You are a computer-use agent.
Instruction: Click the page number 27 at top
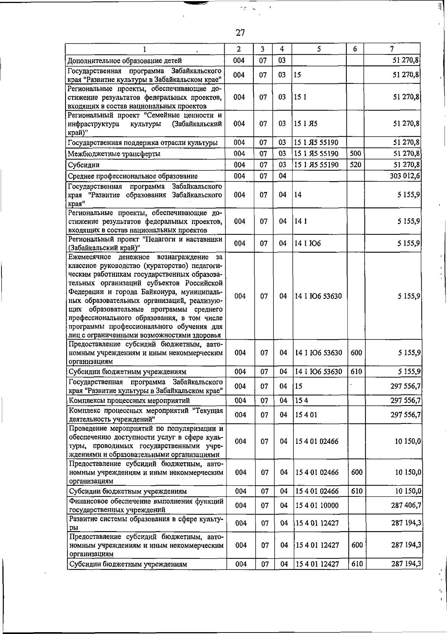(240, 33)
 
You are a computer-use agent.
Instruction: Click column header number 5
(319, 49)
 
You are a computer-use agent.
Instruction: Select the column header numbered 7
(391, 49)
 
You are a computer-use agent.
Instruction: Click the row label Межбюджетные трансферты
(114, 154)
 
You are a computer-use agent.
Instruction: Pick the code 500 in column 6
(356, 153)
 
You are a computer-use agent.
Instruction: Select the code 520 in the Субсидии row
(356, 164)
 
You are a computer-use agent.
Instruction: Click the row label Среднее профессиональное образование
(133, 176)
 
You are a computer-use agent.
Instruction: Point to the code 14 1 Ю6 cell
(308, 243)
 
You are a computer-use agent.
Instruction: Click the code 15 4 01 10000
(317, 505)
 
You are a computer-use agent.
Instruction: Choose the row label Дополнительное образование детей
(125, 60)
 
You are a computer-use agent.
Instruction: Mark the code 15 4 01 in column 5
(306, 414)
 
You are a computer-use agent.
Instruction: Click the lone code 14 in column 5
(298, 195)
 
